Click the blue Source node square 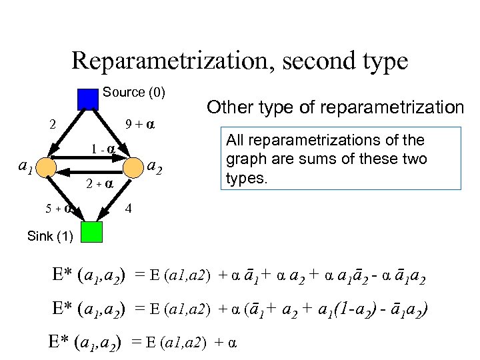click(x=87, y=99)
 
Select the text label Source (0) click(x=134, y=92)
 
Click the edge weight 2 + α click(x=101, y=183)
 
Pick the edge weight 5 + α click(x=59, y=208)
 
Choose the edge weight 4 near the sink click(x=129, y=208)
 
